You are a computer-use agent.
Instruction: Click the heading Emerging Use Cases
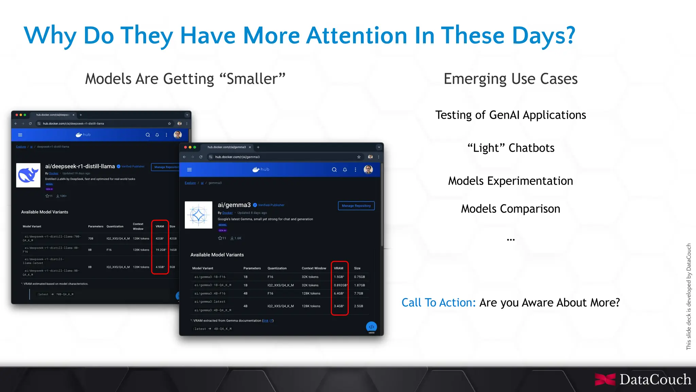[x=510, y=79]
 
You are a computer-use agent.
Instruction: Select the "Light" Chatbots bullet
[x=510, y=148]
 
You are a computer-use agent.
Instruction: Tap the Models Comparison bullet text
[x=510, y=209]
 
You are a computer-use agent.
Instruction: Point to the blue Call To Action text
[x=438, y=303]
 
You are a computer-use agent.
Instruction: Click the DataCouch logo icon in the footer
[x=605, y=379]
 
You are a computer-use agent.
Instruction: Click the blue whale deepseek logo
[x=28, y=175]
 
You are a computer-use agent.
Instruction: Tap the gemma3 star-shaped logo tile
[x=198, y=215]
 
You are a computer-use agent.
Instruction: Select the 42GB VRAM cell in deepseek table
[x=160, y=239]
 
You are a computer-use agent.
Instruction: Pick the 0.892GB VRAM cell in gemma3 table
[x=340, y=285]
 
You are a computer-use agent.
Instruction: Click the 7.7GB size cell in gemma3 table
[x=359, y=293]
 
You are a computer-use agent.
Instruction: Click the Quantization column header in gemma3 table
[x=277, y=268]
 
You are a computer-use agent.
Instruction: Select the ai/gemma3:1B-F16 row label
[x=210, y=277]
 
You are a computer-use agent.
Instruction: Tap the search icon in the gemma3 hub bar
[x=334, y=170]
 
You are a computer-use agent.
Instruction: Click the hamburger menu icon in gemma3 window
[x=190, y=170]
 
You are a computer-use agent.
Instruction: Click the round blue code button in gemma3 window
[x=371, y=327]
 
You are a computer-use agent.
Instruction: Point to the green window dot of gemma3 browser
[x=195, y=147]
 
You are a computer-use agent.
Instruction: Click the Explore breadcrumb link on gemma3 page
[x=190, y=183]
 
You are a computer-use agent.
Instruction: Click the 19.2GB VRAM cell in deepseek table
[x=160, y=250]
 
